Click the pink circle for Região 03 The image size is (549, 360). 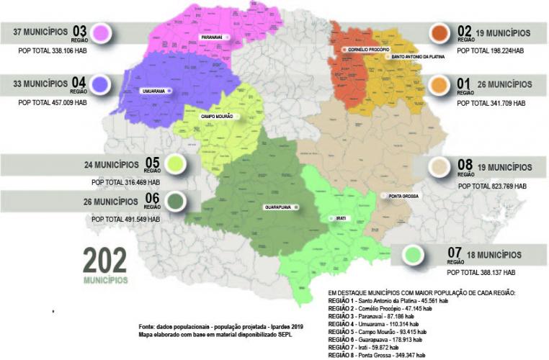pos(101,33)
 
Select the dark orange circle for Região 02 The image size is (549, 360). pos(439,33)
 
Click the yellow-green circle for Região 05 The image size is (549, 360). pos(172,165)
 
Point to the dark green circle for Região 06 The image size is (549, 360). pos(172,201)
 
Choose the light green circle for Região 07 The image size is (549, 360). pos(414,254)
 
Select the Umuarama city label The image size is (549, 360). pos(153,91)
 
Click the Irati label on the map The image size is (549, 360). pos(341,218)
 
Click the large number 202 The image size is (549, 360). pos(104,261)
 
